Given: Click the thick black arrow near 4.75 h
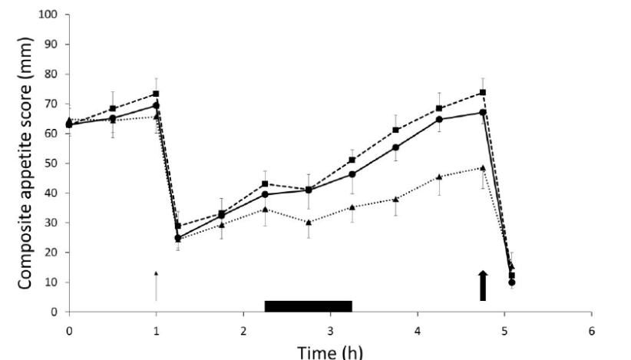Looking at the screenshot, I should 483,286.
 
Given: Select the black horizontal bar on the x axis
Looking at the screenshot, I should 308,306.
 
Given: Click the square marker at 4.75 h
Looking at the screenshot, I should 482,93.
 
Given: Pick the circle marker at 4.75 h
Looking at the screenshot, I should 482,112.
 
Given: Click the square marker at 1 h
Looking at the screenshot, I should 156,94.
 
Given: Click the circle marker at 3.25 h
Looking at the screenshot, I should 352,174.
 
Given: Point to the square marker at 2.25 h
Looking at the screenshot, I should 265,184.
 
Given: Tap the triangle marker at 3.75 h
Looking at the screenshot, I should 395,199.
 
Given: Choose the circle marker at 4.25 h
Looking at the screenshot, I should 439,120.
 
